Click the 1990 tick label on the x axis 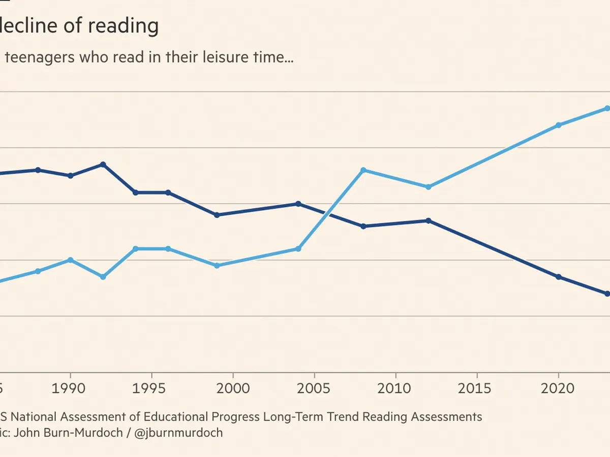[x=70, y=388]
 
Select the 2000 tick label [x=233, y=388]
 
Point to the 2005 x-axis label [x=314, y=388]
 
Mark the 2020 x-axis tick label [x=558, y=388]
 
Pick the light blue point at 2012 [x=429, y=187]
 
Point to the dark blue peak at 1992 [x=103, y=165]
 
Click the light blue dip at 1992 [x=103, y=277]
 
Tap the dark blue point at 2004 [x=298, y=204]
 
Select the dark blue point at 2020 [x=559, y=277]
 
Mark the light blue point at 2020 [x=559, y=125]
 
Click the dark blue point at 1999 [x=217, y=215]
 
